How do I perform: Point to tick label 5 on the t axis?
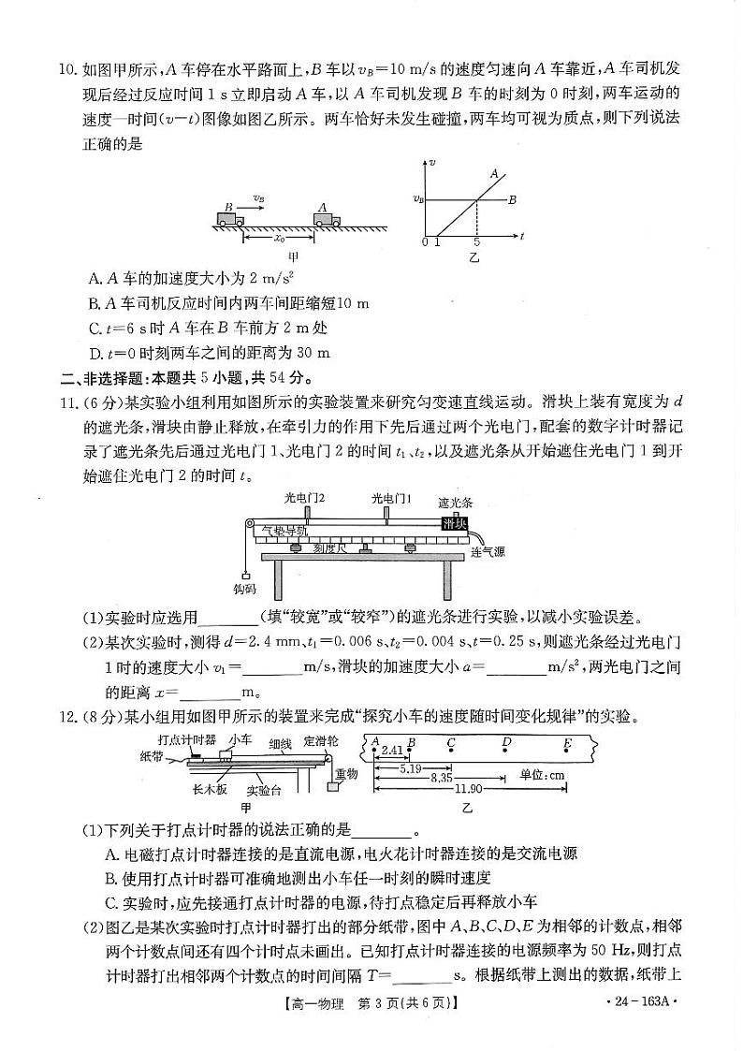[x=476, y=242]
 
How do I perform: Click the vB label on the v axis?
[x=418, y=198]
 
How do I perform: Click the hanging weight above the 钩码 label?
[x=245, y=576]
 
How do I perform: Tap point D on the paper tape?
[x=506, y=744]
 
